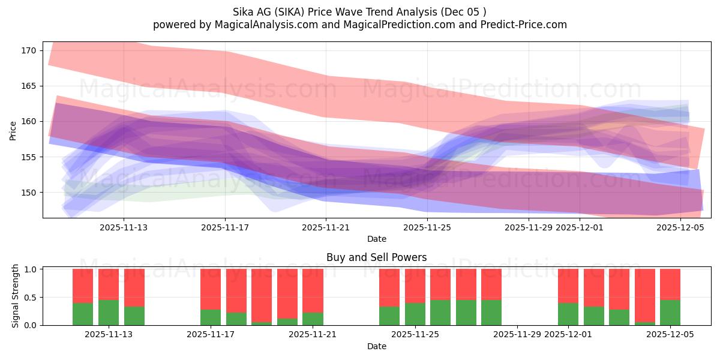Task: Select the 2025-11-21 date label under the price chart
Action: coord(326,227)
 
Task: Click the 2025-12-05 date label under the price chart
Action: coord(680,227)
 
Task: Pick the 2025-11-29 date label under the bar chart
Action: coord(517,335)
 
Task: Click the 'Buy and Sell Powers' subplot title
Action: coord(376,257)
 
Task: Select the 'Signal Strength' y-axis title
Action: coord(16,297)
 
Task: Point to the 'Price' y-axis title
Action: coord(13,131)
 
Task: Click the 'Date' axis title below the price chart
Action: coord(376,239)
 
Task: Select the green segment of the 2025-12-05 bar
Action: coord(670,313)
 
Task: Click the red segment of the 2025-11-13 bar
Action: coord(109,284)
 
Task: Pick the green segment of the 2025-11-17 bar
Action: coord(211,317)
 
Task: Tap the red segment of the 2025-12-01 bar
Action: coord(568,286)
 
